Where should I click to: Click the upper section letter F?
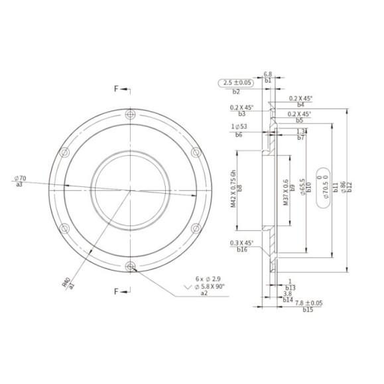[116, 88]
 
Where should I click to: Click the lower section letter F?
[116, 291]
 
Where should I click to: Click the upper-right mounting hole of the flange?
[196, 153]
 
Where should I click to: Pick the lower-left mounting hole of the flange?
[64, 229]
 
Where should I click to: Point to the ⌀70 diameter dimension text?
[19, 178]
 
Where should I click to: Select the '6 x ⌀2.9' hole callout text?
[210, 279]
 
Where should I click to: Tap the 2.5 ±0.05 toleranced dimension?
[237, 83]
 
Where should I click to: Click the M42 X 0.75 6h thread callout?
[233, 187]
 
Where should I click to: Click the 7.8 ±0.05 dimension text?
[309, 302]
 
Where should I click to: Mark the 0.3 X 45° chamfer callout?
[243, 243]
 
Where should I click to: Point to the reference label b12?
[350, 188]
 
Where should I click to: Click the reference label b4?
[300, 104]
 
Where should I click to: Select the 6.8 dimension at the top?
[268, 74]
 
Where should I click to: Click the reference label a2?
[203, 293]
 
